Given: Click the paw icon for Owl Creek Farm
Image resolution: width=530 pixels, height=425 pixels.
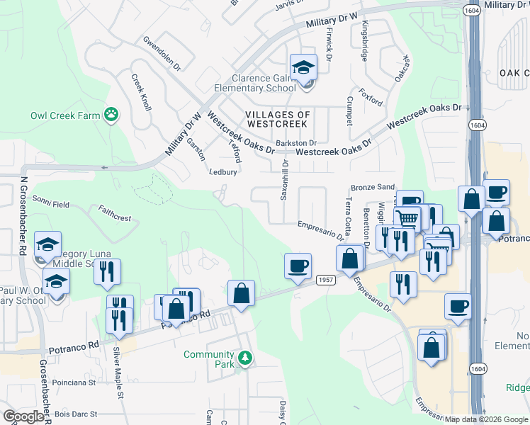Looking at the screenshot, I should tap(111, 115).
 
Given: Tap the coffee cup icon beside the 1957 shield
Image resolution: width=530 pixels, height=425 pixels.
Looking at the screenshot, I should tap(298, 266).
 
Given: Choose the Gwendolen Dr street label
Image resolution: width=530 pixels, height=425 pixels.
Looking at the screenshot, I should tap(167, 50).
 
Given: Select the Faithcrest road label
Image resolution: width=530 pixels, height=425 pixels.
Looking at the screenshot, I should tap(115, 214).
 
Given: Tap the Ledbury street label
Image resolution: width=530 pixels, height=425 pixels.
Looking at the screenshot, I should tap(223, 171).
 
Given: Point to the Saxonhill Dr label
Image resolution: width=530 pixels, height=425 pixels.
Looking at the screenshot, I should tap(286, 179).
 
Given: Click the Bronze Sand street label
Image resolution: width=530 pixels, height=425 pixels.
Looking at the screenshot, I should tap(373, 187).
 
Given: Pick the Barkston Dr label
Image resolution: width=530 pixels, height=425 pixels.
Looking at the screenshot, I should tap(295, 142).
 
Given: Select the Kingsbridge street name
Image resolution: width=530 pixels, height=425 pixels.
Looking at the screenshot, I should tap(365, 40).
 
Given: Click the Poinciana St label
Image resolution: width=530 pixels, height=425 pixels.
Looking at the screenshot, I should tap(74, 382).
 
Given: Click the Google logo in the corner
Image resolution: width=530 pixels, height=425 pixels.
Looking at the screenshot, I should tap(23, 416).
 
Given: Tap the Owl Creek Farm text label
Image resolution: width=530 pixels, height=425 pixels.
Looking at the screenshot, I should tap(62, 115).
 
